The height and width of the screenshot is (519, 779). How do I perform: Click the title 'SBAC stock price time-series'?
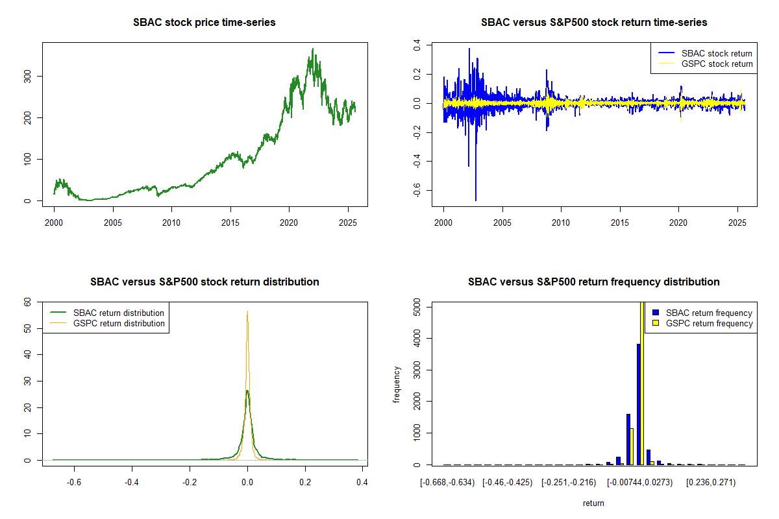[204, 23]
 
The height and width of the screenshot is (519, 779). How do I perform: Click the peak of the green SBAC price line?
[313, 49]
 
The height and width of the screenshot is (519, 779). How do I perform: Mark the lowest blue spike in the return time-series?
[476, 200]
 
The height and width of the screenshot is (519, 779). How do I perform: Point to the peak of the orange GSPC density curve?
[247, 311]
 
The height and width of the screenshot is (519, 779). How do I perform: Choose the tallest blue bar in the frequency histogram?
[639, 404]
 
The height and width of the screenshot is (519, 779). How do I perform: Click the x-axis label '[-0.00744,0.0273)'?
[640, 483]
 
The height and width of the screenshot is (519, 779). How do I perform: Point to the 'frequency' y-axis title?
[397, 385]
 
